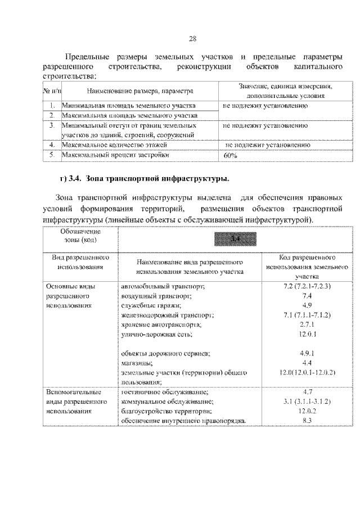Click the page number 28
pos(192,39)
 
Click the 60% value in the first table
pos(230,156)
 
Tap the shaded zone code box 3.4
pos(235,240)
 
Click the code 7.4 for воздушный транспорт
pos(307,295)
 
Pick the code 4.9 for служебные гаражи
pos(307,305)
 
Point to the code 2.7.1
pos(307,325)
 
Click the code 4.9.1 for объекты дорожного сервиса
pos(307,354)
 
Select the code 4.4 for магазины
pos(307,363)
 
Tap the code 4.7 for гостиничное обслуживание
pos(307,392)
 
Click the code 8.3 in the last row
pos(307,421)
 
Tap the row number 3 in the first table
pos(51,125)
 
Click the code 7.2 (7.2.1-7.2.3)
pos(307,286)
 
